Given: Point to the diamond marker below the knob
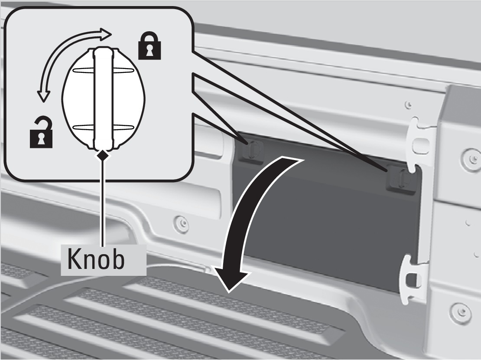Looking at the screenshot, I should (x=103, y=154).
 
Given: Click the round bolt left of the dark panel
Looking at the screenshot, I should (x=181, y=223).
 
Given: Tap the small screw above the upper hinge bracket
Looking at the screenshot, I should (x=408, y=105).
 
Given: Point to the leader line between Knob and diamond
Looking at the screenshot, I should (x=103, y=200).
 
